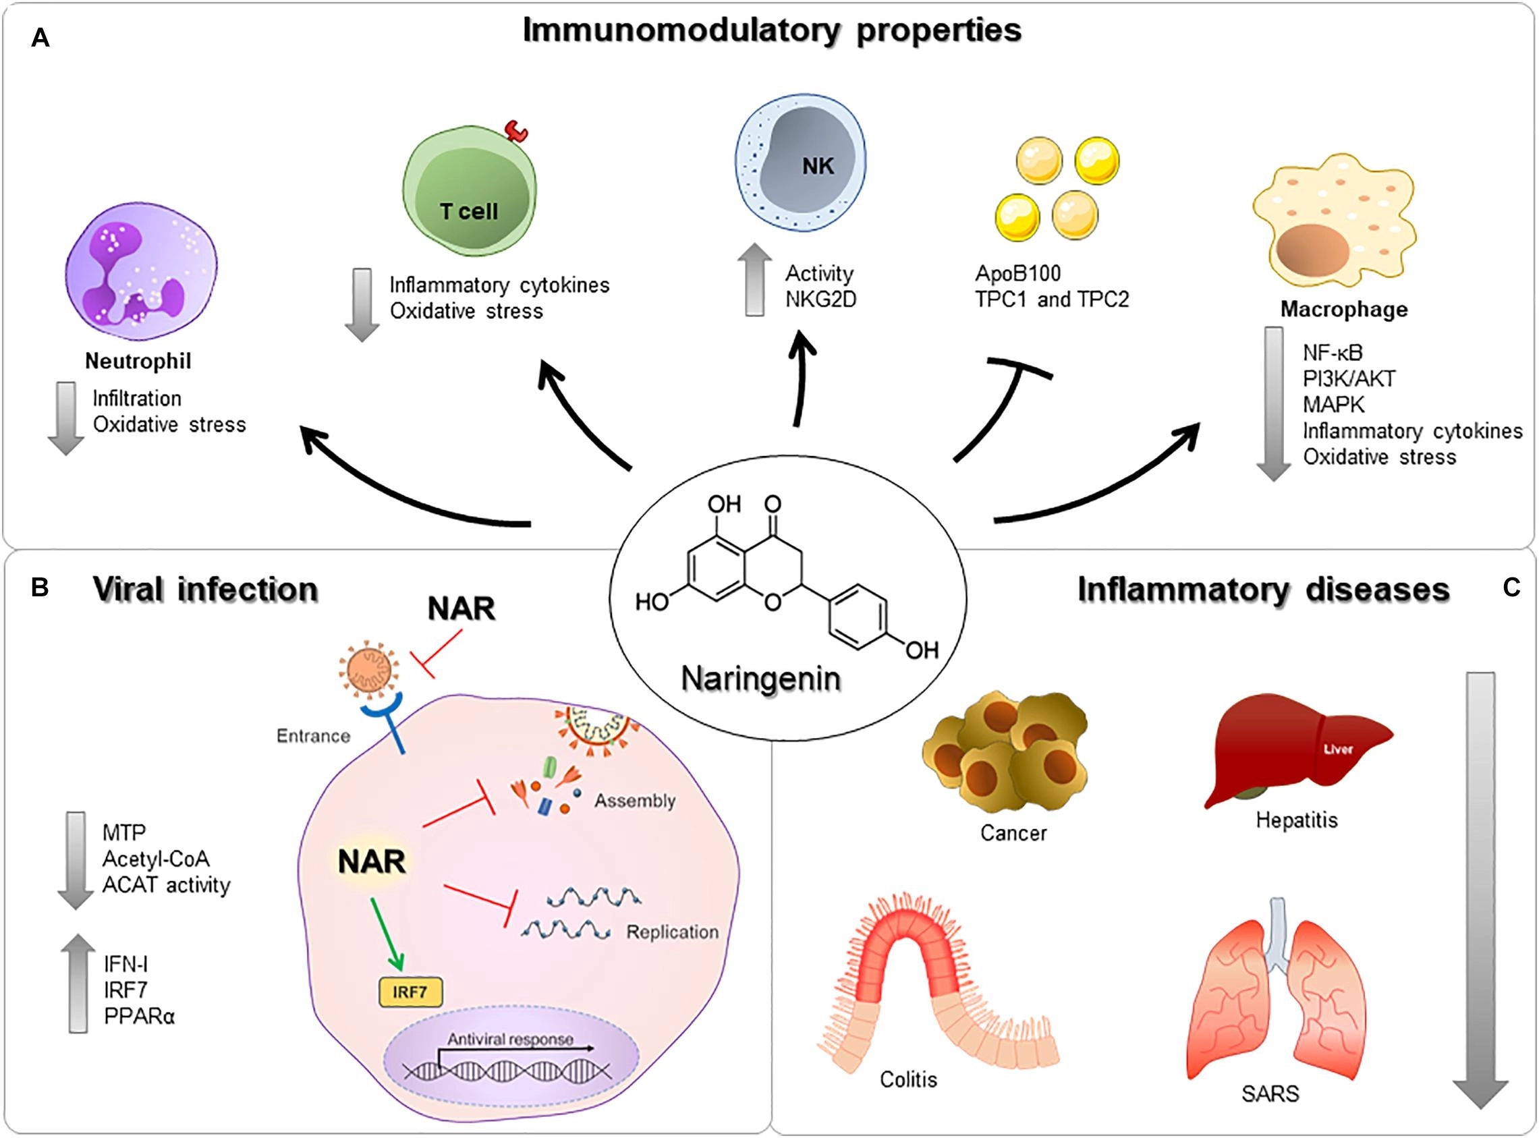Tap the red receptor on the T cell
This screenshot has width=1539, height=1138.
pos(516,130)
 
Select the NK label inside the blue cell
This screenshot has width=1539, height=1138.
pos(818,166)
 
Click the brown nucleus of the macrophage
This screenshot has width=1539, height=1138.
pos(1312,250)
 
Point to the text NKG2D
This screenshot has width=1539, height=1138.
pos(820,300)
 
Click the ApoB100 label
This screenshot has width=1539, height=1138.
pos(1017,273)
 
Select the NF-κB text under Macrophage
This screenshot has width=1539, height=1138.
pos(1333,353)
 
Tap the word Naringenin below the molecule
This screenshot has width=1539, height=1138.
pos(760,679)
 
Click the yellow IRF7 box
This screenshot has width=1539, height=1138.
pos(411,993)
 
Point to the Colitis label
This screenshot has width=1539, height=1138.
pos(908,1079)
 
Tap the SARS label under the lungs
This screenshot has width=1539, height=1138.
pos(1270,1093)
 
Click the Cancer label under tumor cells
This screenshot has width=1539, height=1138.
pos(1013,834)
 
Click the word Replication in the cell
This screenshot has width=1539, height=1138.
pos(672,932)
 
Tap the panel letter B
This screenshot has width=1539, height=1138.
pos(40,588)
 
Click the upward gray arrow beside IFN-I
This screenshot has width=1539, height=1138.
pos(78,983)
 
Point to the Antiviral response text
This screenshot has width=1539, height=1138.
pos(510,1039)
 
